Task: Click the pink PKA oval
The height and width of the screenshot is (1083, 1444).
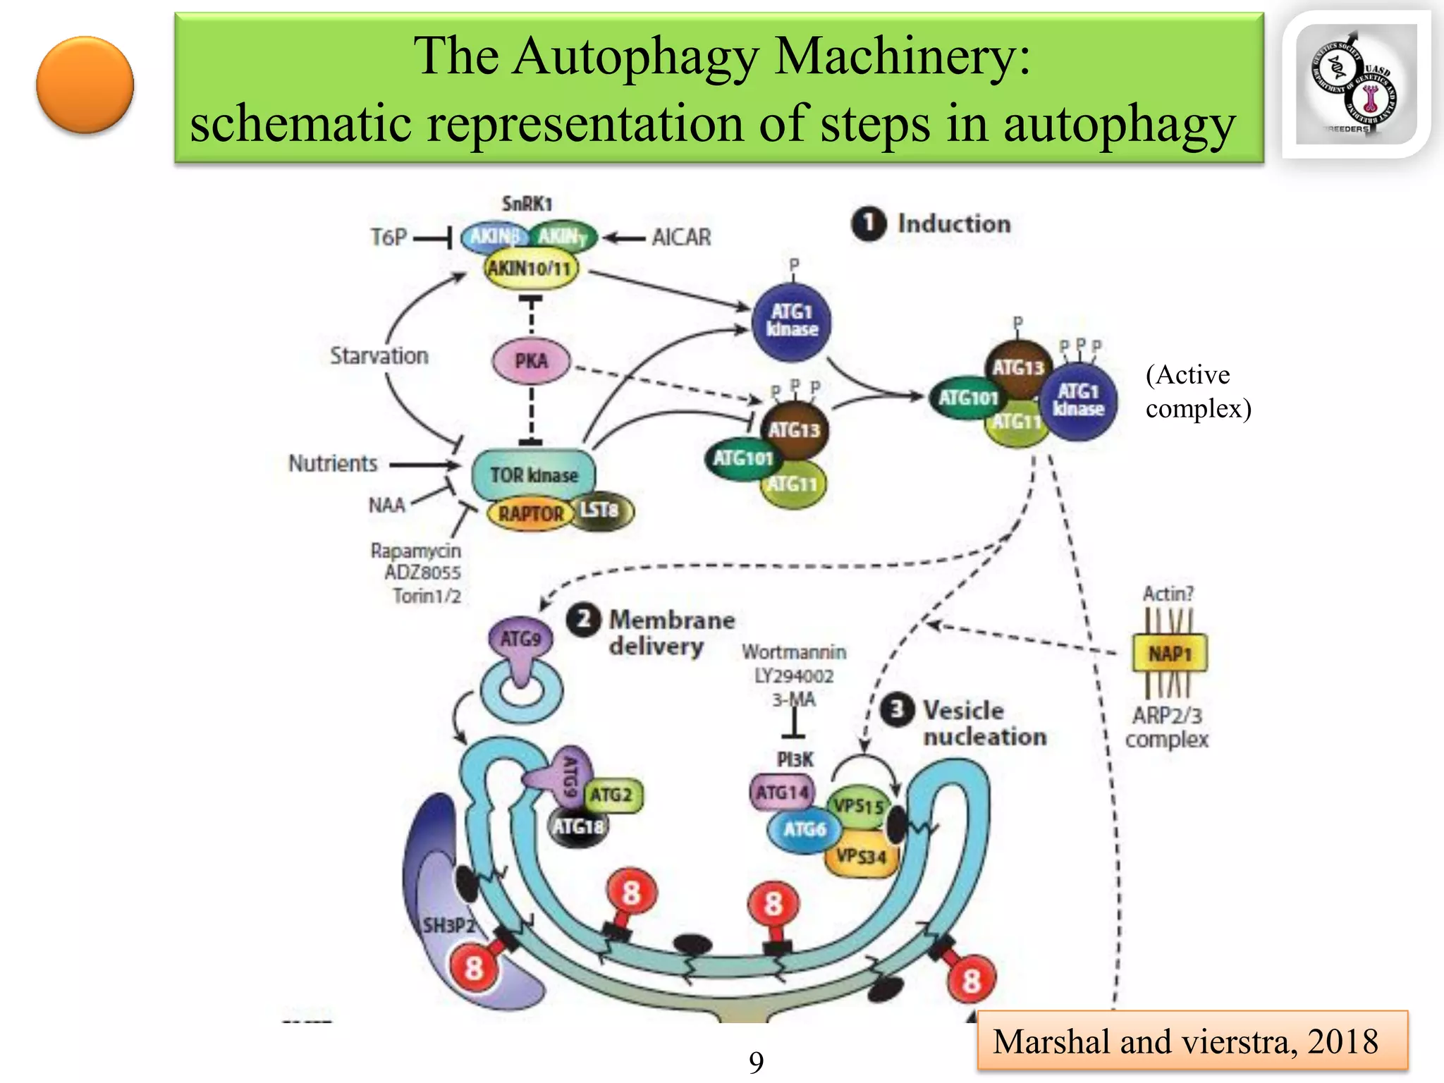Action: (531, 361)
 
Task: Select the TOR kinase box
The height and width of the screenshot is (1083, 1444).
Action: (534, 475)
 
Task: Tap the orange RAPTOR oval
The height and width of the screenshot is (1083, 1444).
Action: (530, 513)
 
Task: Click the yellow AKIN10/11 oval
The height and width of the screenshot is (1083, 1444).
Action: (530, 269)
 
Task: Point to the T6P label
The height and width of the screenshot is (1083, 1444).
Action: (388, 238)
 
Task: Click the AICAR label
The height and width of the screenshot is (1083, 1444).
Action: (681, 238)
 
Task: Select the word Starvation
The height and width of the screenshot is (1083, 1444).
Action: (379, 356)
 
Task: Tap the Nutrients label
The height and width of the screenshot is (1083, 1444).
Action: (333, 464)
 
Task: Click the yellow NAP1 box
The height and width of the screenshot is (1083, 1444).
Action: (1169, 654)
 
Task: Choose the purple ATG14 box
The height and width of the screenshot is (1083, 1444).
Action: (781, 793)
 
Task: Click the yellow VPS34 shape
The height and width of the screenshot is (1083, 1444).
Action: (862, 857)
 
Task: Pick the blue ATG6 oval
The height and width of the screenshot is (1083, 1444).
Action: (804, 830)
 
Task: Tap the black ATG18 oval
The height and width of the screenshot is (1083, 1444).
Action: (578, 826)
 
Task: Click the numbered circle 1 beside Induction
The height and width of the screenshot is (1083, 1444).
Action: (869, 224)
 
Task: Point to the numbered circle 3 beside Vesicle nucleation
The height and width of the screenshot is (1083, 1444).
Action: (898, 710)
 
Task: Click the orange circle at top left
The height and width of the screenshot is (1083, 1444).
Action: (85, 85)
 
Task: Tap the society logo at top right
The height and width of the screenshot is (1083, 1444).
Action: (1355, 85)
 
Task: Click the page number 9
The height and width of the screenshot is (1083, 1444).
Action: (756, 1062)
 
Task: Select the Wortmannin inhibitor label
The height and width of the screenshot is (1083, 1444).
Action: (794, 652)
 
